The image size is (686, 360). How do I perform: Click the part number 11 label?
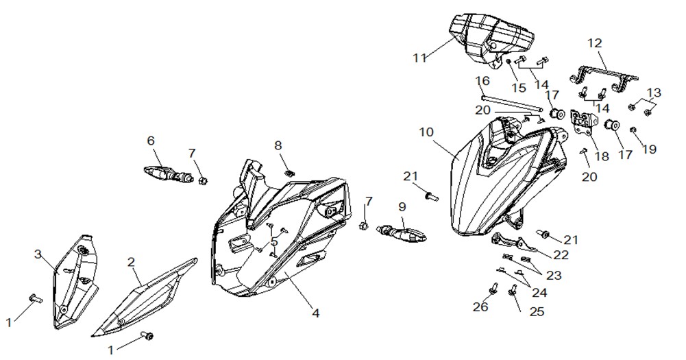(420, 58)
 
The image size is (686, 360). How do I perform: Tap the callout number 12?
(595, 43)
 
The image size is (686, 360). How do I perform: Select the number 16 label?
(482, 82)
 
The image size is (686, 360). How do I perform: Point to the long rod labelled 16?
(512, 104)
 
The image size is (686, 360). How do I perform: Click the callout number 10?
(426, 132)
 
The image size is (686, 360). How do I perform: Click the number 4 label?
(315, 313)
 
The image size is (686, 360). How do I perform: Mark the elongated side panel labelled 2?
(144, 298)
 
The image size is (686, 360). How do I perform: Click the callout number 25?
(537, 311)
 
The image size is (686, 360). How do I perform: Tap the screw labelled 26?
(493, 288)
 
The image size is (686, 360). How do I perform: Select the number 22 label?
(561, 255)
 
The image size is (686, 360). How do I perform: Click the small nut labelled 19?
(633, 130)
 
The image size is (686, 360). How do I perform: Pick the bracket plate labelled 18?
(584, 123)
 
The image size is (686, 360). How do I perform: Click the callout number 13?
(654, 93)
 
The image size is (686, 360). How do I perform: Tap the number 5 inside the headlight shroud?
(274, 241)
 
